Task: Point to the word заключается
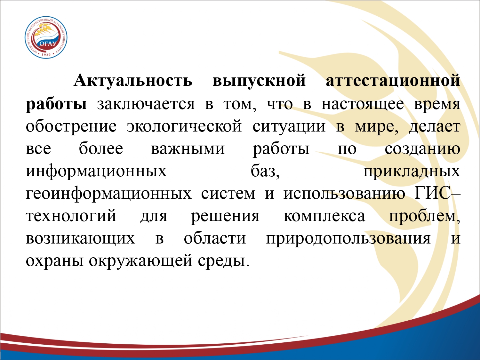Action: coord(146,104)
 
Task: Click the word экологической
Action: coord(184,127)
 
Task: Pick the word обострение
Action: coord(71,127)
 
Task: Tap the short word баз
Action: coord(265,171)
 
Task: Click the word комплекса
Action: coord(324,216)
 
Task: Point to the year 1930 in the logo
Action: coord(46,55)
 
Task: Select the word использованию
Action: coord(344,194)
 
